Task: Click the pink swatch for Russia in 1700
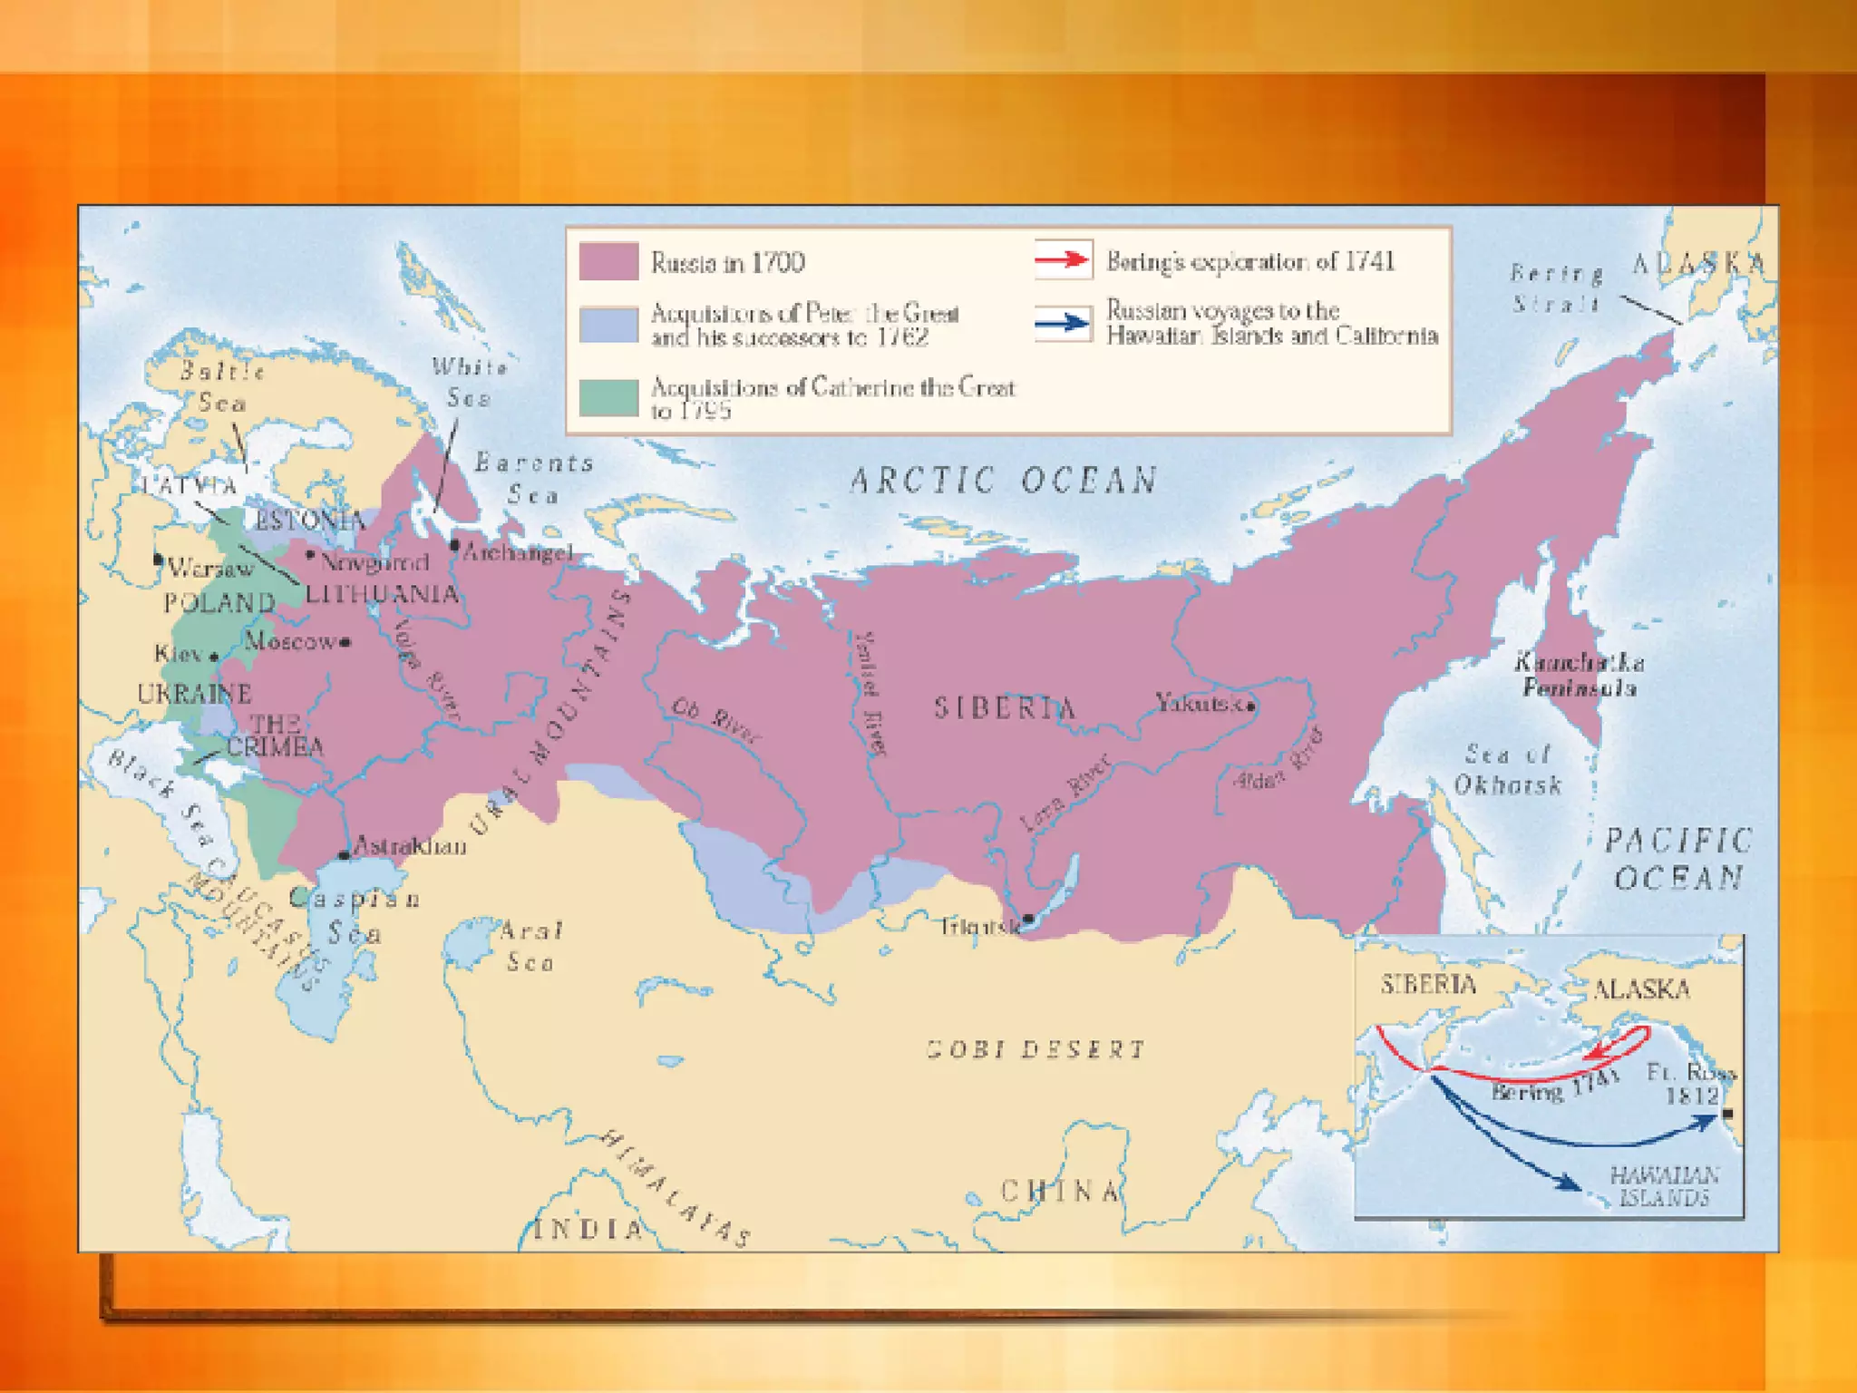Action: [608, 261]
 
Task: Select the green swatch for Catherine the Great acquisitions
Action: [608, 397]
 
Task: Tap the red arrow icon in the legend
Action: [1064, 260]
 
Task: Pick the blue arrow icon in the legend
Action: [1064, 323]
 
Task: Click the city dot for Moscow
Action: [345, 642]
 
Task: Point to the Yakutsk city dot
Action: [1251, 706]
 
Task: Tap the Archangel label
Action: [518, 551]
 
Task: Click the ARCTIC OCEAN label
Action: [1003, 481]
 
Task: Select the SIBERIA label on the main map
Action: [1005, 707]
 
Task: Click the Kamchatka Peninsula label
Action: [1580, 675]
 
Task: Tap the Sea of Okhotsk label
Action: [1508, 769]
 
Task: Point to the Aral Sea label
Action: [530, 945]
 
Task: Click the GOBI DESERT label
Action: [1035, 1049]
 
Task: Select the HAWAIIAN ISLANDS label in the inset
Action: [1664, 1186]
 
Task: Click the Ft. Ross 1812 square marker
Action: [1727, 1113]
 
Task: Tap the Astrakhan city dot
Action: [344, 855]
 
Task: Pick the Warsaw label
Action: [210, 569]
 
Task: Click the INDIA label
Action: [588, 1230]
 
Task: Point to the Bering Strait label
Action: [1556, 287]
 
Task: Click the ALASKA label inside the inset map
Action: [1641, 989]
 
